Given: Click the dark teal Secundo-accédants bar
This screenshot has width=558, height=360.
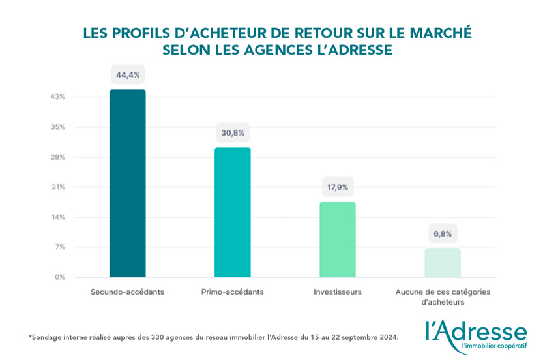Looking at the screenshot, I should coord(127,183).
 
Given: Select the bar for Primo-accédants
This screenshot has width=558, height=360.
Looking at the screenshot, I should coord(233,212).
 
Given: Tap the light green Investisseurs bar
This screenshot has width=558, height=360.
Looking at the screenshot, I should coord(338,239).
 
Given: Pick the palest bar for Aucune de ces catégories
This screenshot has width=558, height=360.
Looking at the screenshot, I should coord(443,262).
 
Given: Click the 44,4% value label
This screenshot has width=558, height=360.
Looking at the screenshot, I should coord(127,75).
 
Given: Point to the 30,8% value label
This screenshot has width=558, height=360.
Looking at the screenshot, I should coord(233,133).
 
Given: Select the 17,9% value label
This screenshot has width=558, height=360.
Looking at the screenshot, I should coord(338,187).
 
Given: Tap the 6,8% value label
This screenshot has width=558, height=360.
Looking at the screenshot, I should coord(443,233).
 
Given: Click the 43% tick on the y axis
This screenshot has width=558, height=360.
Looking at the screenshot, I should coord(58,97).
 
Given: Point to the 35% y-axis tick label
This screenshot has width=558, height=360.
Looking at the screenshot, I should coord(58,127).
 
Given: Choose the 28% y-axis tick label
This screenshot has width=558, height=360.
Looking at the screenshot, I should coord(58,157).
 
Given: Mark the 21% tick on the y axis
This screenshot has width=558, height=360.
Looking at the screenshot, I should coord(58,187).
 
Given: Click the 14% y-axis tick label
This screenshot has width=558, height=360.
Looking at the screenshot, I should coord(58,217).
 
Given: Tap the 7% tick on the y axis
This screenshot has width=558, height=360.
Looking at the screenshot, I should coord(59,247).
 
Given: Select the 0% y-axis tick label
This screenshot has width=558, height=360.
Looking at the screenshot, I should coord(59,277).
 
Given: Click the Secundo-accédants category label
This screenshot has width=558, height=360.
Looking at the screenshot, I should coord(127,292).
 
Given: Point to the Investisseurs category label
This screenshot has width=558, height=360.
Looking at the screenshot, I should coord(338,292).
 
